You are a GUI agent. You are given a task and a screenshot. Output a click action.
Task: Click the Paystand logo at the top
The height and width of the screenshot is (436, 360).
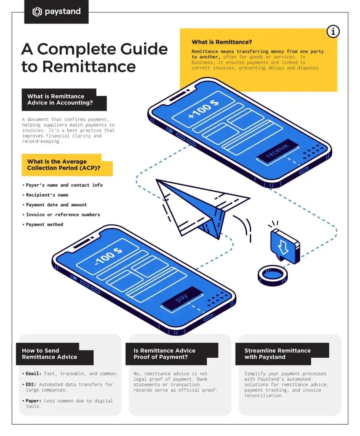coord(56,12)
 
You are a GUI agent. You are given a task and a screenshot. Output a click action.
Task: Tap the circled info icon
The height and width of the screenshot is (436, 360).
coord(333,31)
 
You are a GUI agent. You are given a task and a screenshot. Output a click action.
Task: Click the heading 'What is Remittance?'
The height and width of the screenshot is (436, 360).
coord(222,42)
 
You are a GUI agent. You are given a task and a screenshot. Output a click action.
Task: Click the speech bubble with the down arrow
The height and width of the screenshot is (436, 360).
coord(285,245)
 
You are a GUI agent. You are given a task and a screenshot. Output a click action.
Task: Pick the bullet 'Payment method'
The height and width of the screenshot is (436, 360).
coord(44,224)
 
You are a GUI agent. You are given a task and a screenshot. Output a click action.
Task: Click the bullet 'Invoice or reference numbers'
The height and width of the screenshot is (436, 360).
coord(63,215)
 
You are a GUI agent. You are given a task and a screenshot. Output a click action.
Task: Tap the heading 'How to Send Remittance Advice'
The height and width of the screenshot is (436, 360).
coord(49,354)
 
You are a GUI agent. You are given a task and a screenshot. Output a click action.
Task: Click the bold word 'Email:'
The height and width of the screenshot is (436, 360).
coord(33,374)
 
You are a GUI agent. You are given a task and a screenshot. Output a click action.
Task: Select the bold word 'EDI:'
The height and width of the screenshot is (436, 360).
coord(31,384)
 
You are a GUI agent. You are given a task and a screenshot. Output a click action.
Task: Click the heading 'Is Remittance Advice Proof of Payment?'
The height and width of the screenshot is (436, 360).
coord(164,354)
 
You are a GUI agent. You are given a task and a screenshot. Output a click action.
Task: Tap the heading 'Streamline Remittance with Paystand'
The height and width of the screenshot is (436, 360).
coord(277,354)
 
